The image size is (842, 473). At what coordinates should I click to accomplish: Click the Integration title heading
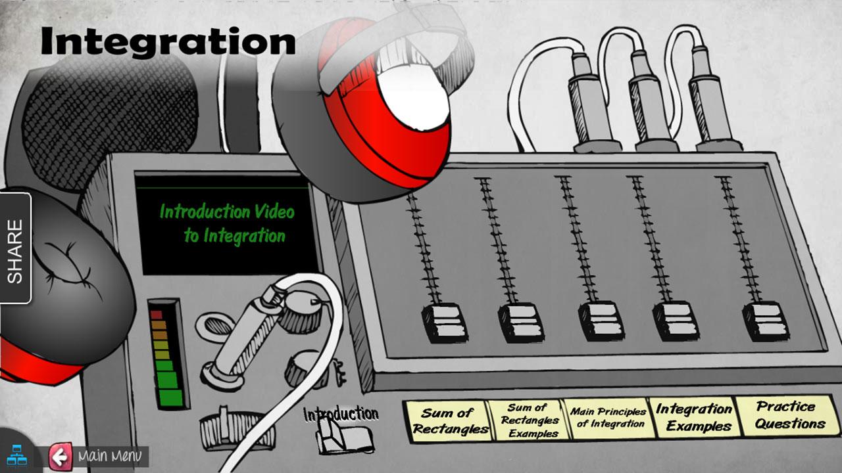[168, 41]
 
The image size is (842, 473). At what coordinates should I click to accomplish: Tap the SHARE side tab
[15, 248]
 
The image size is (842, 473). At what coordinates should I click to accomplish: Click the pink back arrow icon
[60, 457]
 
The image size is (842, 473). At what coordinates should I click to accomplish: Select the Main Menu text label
[110, 456]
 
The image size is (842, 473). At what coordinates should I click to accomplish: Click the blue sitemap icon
[17, 455]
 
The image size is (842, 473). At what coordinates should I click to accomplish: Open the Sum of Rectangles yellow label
[449, 421]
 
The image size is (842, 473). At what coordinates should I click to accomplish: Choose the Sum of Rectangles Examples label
[530, 420]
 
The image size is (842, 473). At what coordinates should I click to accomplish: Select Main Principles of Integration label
[609, 418]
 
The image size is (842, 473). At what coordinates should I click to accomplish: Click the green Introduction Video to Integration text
[227, 224]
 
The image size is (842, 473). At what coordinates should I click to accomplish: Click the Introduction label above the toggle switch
[341, 414]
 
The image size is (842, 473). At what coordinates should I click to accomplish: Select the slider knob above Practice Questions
[765, 321]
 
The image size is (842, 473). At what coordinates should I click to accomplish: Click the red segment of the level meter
[156, 314]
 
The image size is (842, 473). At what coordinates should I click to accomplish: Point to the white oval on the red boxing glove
[414, 96]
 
